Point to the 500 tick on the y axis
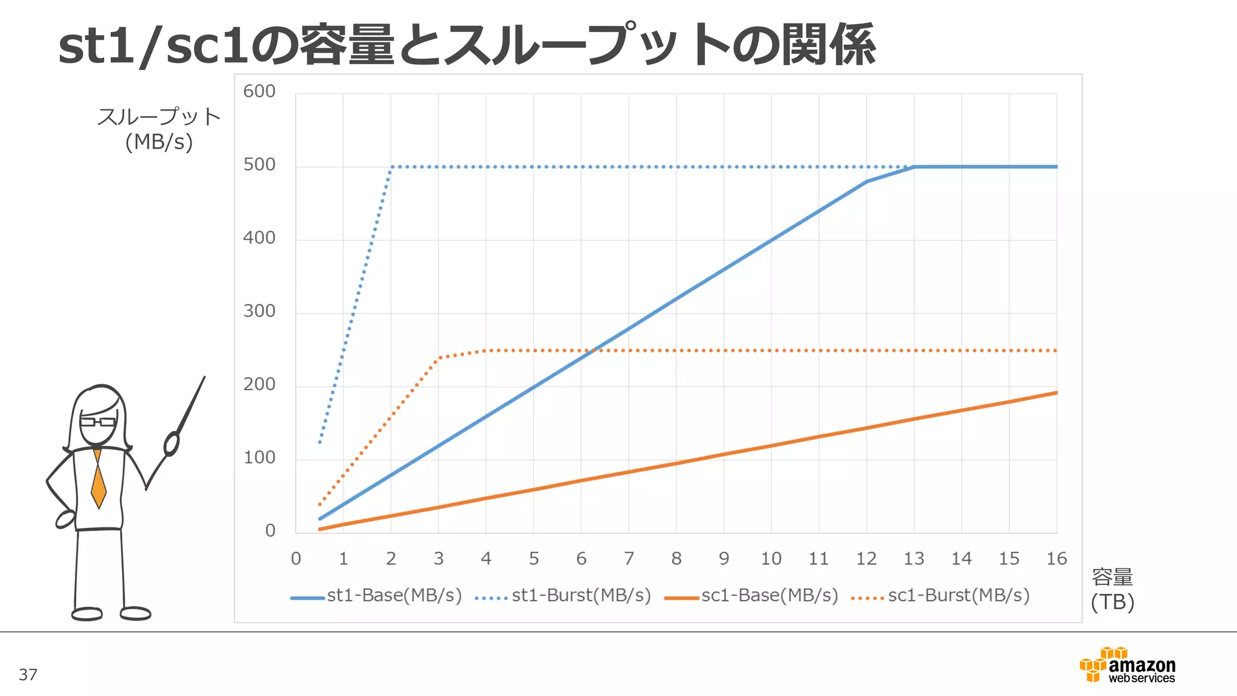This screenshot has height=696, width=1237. tap(259, 165)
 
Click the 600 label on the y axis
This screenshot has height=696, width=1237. tap(259, 91)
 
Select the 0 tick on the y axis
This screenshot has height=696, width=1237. tap(270, 530)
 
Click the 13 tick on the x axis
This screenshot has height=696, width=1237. tap(914, 559)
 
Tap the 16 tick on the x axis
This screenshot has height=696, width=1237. tap(1056, 559)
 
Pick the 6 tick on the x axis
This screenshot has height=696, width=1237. tap(581, 559)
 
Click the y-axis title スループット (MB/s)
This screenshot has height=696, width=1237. tap(159, 129)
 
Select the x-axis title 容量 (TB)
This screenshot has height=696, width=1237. tap(1112, 590)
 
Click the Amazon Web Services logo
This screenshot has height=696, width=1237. tap(1127, 665)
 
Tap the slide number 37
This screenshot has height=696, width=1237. tap(28, 675)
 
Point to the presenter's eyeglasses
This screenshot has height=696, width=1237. tap(97, 422)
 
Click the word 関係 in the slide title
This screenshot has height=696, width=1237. tap(828, 45)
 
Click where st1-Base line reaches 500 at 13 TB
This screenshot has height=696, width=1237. tap(914, 167)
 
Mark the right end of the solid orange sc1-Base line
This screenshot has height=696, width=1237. tap(1056, 393)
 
